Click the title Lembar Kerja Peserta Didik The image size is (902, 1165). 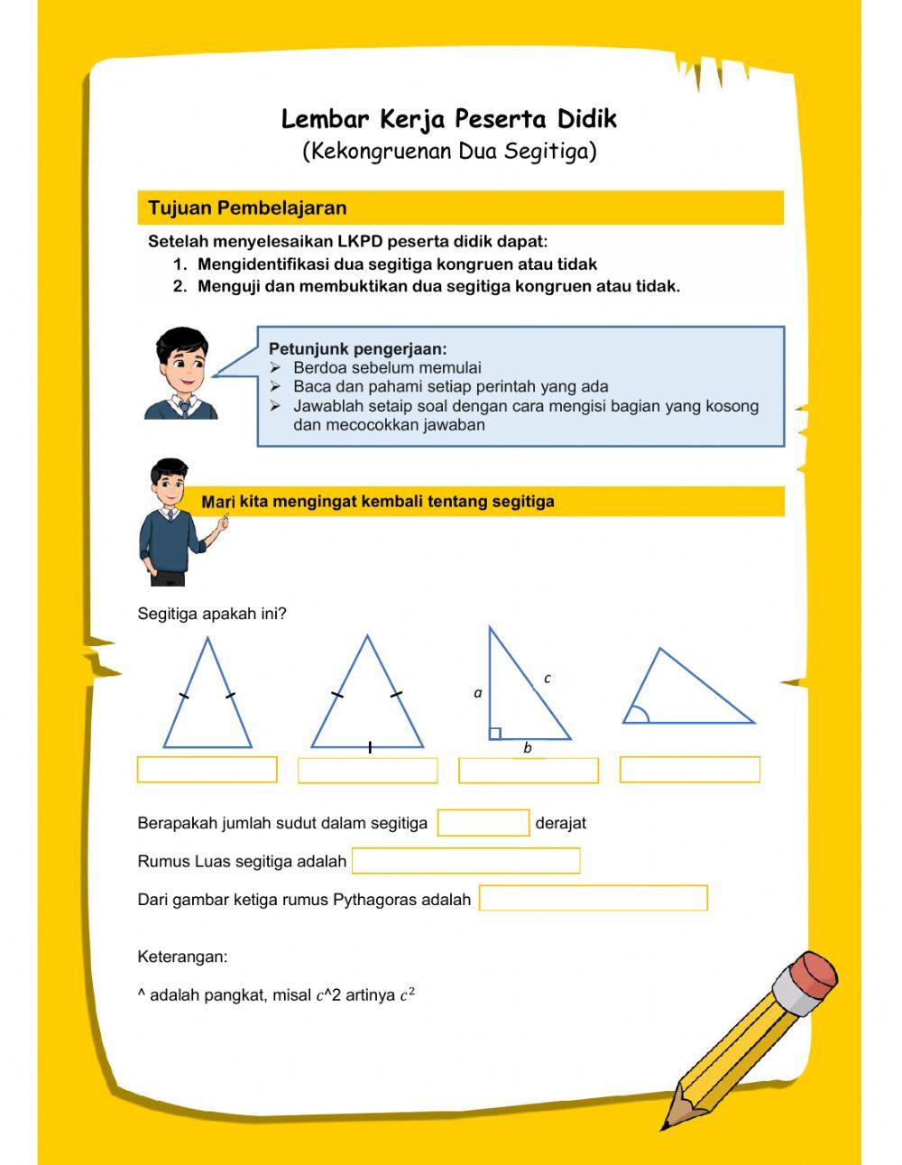[449, 119]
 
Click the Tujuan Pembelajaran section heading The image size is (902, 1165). [247, 208]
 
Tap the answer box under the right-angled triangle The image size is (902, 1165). [529, 771]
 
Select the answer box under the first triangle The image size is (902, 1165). [207, 770]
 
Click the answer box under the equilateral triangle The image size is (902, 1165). [367, 771]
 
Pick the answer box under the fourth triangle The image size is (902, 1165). [690, 770]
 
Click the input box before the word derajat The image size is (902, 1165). [483, 823]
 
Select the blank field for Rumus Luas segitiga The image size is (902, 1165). [465, 861]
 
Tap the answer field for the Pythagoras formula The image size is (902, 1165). [593, 899]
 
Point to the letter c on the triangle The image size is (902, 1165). [548, 678]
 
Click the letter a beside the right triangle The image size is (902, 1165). [478, 693]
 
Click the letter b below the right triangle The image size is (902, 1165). [528, 748]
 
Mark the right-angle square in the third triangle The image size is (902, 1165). [495, 734]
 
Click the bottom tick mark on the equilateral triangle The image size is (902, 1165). [370, 747]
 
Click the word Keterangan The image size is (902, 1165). [182, 957]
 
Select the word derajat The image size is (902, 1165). [560, 823]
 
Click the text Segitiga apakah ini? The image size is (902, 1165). [212, 614]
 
